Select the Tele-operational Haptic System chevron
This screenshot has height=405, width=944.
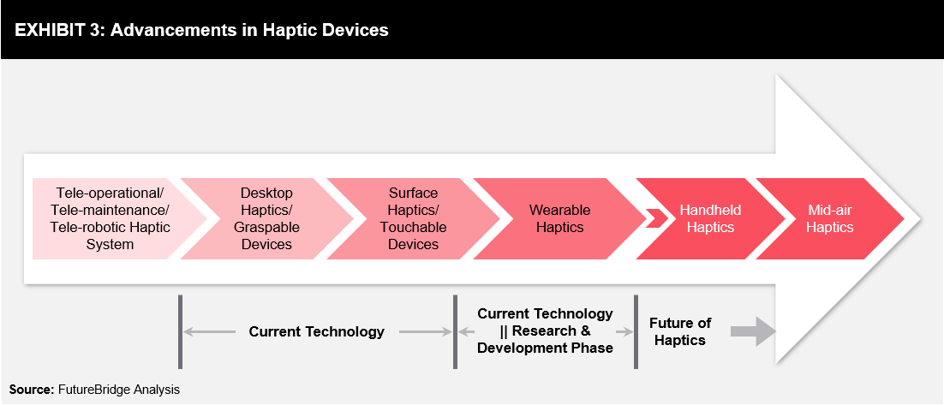point(112,218)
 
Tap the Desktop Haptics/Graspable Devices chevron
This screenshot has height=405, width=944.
point(266,218)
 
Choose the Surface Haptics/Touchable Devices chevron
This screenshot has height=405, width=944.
point(413,218)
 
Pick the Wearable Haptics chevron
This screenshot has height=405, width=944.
point(560,218)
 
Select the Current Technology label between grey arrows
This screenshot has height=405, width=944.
point(317,331)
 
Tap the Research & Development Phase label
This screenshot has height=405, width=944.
point(546,339)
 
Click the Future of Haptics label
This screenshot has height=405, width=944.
point(679,331)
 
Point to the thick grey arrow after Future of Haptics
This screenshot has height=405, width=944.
point(753,331)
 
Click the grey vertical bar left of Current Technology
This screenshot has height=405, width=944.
point(180,331)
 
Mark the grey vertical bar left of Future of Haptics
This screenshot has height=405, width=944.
point(636,331)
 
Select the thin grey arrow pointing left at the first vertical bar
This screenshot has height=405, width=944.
point(210,331)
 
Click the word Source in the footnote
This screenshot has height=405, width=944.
point(32,390)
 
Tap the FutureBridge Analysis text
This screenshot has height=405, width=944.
point(119,390)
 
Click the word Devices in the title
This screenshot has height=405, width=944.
point(355,30)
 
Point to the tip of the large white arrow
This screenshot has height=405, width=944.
point(921,219)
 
